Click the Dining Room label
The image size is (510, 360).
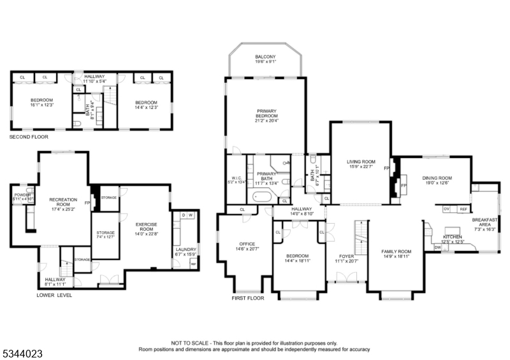coord(437,178)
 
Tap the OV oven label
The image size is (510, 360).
coord(446,209)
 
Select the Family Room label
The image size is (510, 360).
coord(396,252)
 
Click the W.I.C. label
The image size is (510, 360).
coord(236,177)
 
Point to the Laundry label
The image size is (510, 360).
coord(186,250)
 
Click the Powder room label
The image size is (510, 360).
coord(22,195)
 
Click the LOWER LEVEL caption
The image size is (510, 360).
coord(54,295)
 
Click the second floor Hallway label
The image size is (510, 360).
coord(94,76)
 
